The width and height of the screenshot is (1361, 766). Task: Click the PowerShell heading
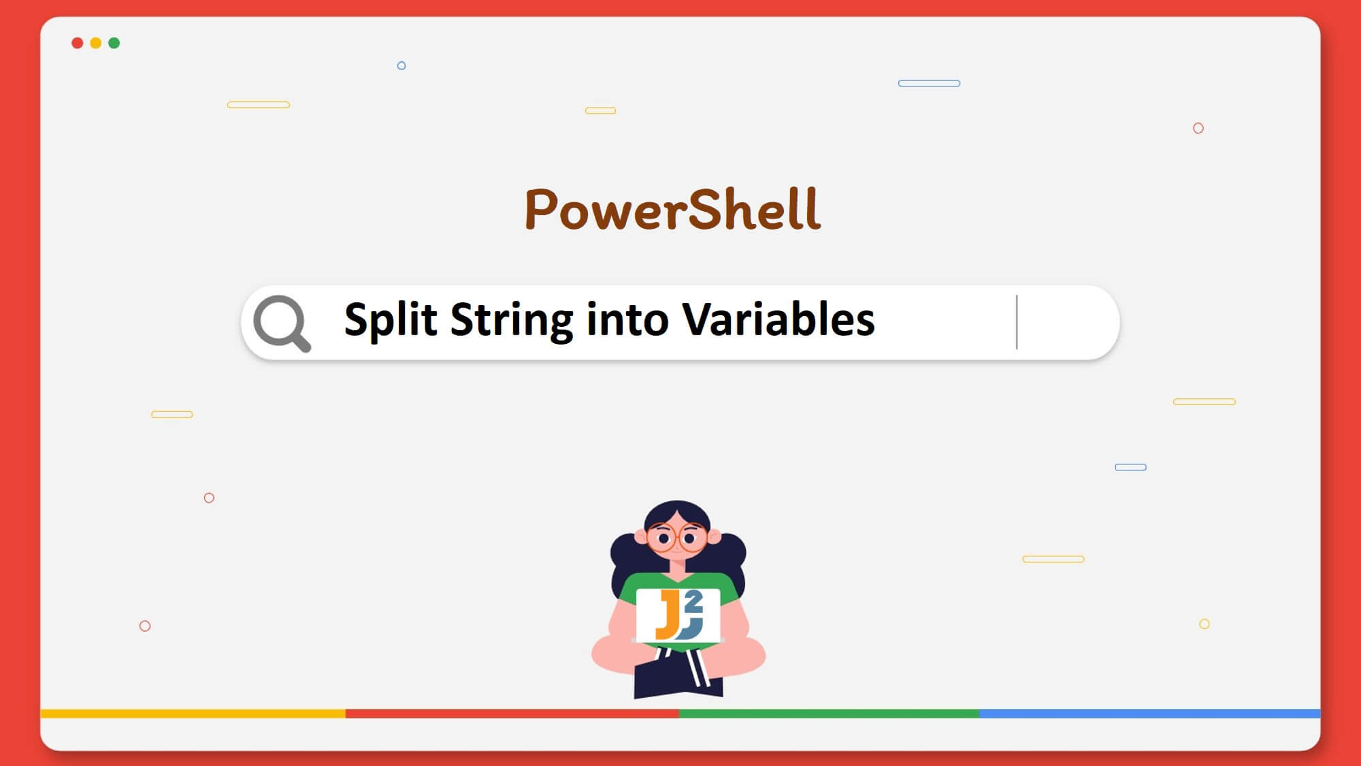click(x=672, y=209)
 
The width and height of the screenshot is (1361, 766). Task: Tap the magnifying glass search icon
click(x=282, y=323)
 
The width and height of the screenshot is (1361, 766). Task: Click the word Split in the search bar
click(x=391, y=320)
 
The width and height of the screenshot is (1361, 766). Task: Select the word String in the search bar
click(x=511, y=320)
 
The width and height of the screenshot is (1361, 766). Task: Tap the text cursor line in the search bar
click(x=1017, y=322)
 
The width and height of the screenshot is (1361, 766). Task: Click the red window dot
click(x=78, y=43)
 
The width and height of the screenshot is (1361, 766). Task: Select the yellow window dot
click(x=96, y=43)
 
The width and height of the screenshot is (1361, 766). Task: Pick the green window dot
click(x=114, y=43)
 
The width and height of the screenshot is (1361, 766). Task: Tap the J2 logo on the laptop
click(x=678, y=616)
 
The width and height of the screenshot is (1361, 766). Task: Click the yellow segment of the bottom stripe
click(x=193, y=714)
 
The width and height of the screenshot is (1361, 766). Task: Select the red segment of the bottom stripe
click(x=512, y=714)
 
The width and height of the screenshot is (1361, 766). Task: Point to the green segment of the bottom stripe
click(x=829, y=714)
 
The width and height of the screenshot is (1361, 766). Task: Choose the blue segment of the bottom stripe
click(x=1150, y=714)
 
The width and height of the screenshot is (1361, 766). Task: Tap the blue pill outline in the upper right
click(x=929, y=83)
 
